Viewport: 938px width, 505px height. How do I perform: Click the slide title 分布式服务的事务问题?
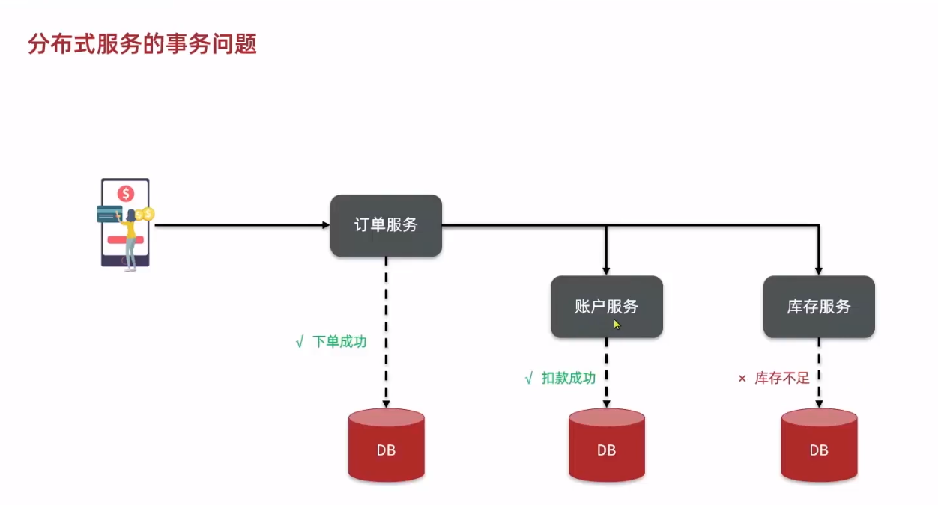[142, 44]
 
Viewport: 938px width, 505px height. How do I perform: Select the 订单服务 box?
[386, 225]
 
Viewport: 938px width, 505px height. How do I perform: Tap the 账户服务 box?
[606, 306]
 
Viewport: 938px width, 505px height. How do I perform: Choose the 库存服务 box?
[819, 306]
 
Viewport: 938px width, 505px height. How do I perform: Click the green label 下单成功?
[339, 342]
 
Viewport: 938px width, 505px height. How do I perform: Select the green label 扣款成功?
[569, 378]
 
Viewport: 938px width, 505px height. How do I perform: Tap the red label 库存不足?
[782, 378]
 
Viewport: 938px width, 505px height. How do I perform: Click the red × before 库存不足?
[742, 379]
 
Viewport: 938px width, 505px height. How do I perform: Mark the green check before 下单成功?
[300, 342]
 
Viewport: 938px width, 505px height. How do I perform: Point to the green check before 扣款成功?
[529, 378]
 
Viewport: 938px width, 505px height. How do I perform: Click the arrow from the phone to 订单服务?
[240, 224]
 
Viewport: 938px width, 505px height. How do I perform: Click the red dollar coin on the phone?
[125, 194]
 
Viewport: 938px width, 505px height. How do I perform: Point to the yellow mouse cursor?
[617, 325]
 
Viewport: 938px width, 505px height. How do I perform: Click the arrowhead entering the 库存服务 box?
[819, 270]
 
